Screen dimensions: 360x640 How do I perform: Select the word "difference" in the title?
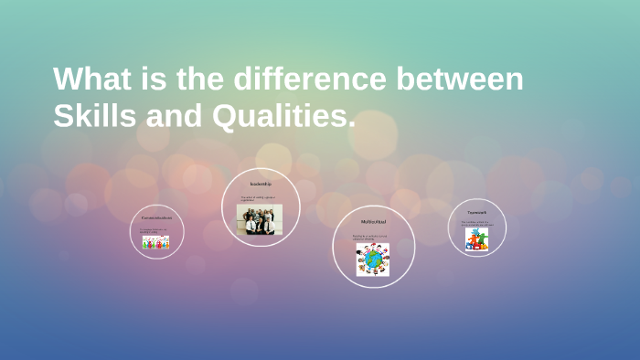(x=311, y=79)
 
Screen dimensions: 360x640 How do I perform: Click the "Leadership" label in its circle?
(x=261, y=185)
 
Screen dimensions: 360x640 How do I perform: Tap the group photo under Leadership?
(x=260, y=219)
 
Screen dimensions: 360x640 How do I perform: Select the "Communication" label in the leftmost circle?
(x=155, y=218)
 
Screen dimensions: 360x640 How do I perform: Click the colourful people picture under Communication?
(x=155, y=242)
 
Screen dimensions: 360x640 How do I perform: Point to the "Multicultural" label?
(x=373, y=222)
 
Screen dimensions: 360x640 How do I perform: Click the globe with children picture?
(x=373, y=259)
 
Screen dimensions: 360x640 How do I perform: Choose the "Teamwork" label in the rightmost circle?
(x=476, y=212)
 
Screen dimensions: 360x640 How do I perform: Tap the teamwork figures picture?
(x=476, y=239)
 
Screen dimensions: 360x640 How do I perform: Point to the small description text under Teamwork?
(x=475, y=222)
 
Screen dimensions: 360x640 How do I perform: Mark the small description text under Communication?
(x=153, y=230)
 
